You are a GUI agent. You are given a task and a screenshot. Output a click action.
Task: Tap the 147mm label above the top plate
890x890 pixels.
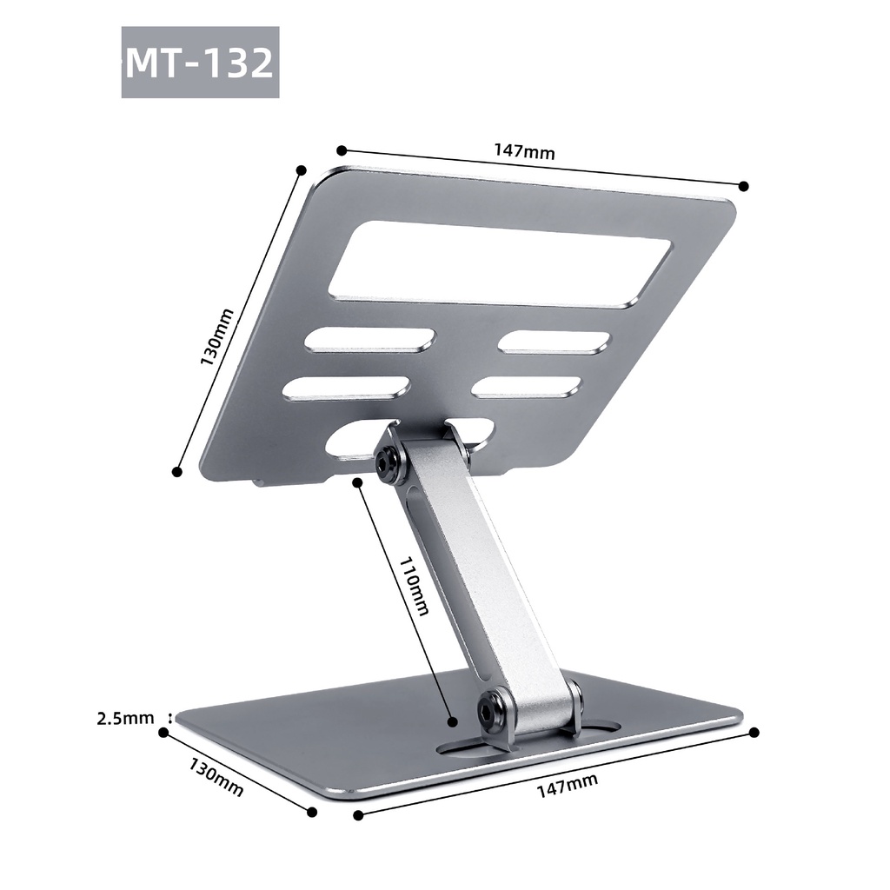[x=524, y=151]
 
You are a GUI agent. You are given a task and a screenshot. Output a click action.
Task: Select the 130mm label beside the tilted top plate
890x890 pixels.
[x=216, y=337]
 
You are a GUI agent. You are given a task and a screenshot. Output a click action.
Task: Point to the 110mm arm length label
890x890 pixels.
[x=415, y=586]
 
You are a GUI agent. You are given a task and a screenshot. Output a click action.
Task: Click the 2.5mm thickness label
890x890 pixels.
[x=125, y=718]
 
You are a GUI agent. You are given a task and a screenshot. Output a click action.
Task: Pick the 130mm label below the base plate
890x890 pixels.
[x=216, y=777]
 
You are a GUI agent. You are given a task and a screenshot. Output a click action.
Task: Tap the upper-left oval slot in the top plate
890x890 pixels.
[x=370, y=341]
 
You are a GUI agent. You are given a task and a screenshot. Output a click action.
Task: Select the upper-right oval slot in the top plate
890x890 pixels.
[x=555, y=342]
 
